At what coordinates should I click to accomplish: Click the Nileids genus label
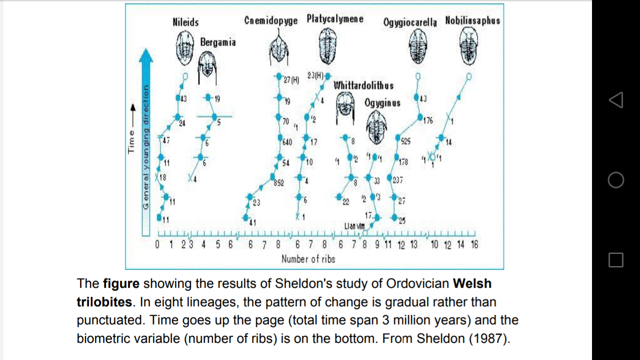click(185, 22)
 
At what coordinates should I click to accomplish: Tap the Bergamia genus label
click(217, 42)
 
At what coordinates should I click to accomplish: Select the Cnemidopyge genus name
click(270, 20)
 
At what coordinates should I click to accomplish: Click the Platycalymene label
click(334, 19)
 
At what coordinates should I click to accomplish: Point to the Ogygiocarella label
click(410, 22)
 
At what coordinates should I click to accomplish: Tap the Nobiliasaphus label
click(472, 20)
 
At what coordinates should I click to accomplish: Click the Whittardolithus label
click(363, 85)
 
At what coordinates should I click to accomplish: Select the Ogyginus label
click(382, 103)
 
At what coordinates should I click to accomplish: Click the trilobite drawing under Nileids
click(185, 47)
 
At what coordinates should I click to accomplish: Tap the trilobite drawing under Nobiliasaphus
click(468, 45)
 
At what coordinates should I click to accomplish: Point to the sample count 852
click(278, 183)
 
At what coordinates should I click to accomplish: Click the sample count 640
click(287, 142)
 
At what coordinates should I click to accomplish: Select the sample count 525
click(405, 141)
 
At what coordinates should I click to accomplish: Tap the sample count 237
click(398, 180)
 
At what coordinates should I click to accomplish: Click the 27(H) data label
click(291, 80)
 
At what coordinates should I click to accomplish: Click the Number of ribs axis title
click(308, 259)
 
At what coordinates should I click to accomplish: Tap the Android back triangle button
click(615, 100)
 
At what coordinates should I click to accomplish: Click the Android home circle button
click(615, 180)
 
